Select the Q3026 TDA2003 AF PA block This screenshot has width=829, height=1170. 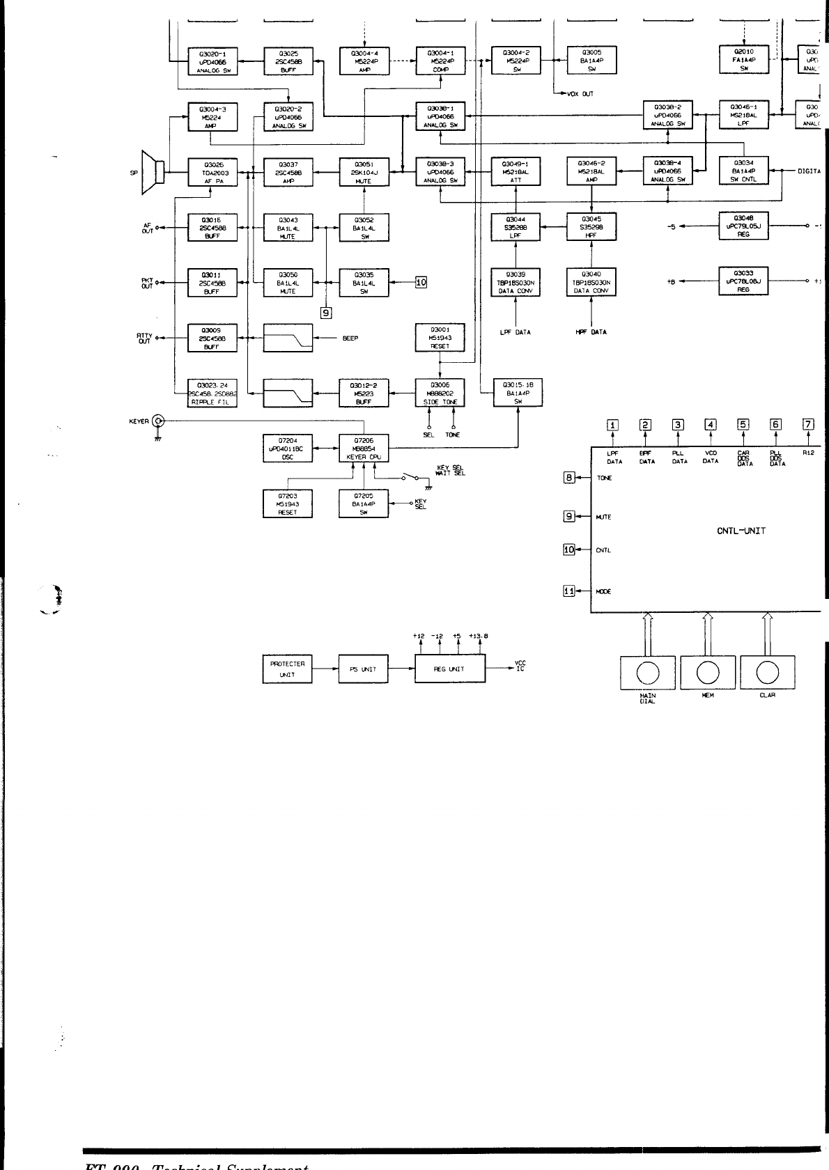click(x=212, y=172)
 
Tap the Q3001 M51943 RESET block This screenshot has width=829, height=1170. click(x=440, y=338)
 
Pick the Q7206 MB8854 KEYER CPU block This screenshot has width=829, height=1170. click(x=364, y=448)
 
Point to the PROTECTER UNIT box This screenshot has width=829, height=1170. click(x=287, y=669)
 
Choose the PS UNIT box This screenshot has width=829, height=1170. click(x=363, y=669)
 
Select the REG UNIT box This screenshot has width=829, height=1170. click(x=449, y=669)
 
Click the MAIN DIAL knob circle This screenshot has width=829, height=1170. click(x=648, y=671)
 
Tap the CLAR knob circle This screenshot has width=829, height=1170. click(x=767, y=671)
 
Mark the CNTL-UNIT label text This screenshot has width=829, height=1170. click(x=741, y=531)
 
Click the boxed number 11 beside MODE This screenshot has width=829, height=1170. click(x=569, y=591)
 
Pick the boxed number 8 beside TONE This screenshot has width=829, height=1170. click(x=569, y=478)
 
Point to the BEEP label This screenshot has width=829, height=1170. click(x=350, y=338)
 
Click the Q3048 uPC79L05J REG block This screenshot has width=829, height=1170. click(x=743, y=226)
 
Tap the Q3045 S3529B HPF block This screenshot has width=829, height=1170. click(x=591, y=226)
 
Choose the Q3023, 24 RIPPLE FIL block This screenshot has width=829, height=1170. click(x=212, y=393)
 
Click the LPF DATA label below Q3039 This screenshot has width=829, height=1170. click(x=516, y=332)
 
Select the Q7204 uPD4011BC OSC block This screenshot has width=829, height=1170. click(x=287, y=448)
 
